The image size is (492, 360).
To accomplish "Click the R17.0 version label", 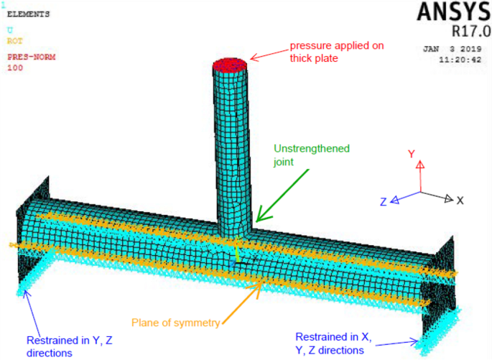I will (470, 32).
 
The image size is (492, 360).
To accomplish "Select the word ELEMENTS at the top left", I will (29, 14).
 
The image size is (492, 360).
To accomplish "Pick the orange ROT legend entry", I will (14, 42).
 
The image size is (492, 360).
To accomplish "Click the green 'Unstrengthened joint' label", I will (311, 155).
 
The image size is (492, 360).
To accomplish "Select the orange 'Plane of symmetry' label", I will (175, 323).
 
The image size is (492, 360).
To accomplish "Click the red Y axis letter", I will (412, 154).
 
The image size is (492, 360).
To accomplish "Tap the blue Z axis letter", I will (384, 202).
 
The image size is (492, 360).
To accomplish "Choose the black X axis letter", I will (460, 200).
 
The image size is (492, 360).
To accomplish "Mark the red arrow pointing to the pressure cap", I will (268, 55).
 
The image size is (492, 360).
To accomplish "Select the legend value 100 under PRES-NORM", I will (14, 68).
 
